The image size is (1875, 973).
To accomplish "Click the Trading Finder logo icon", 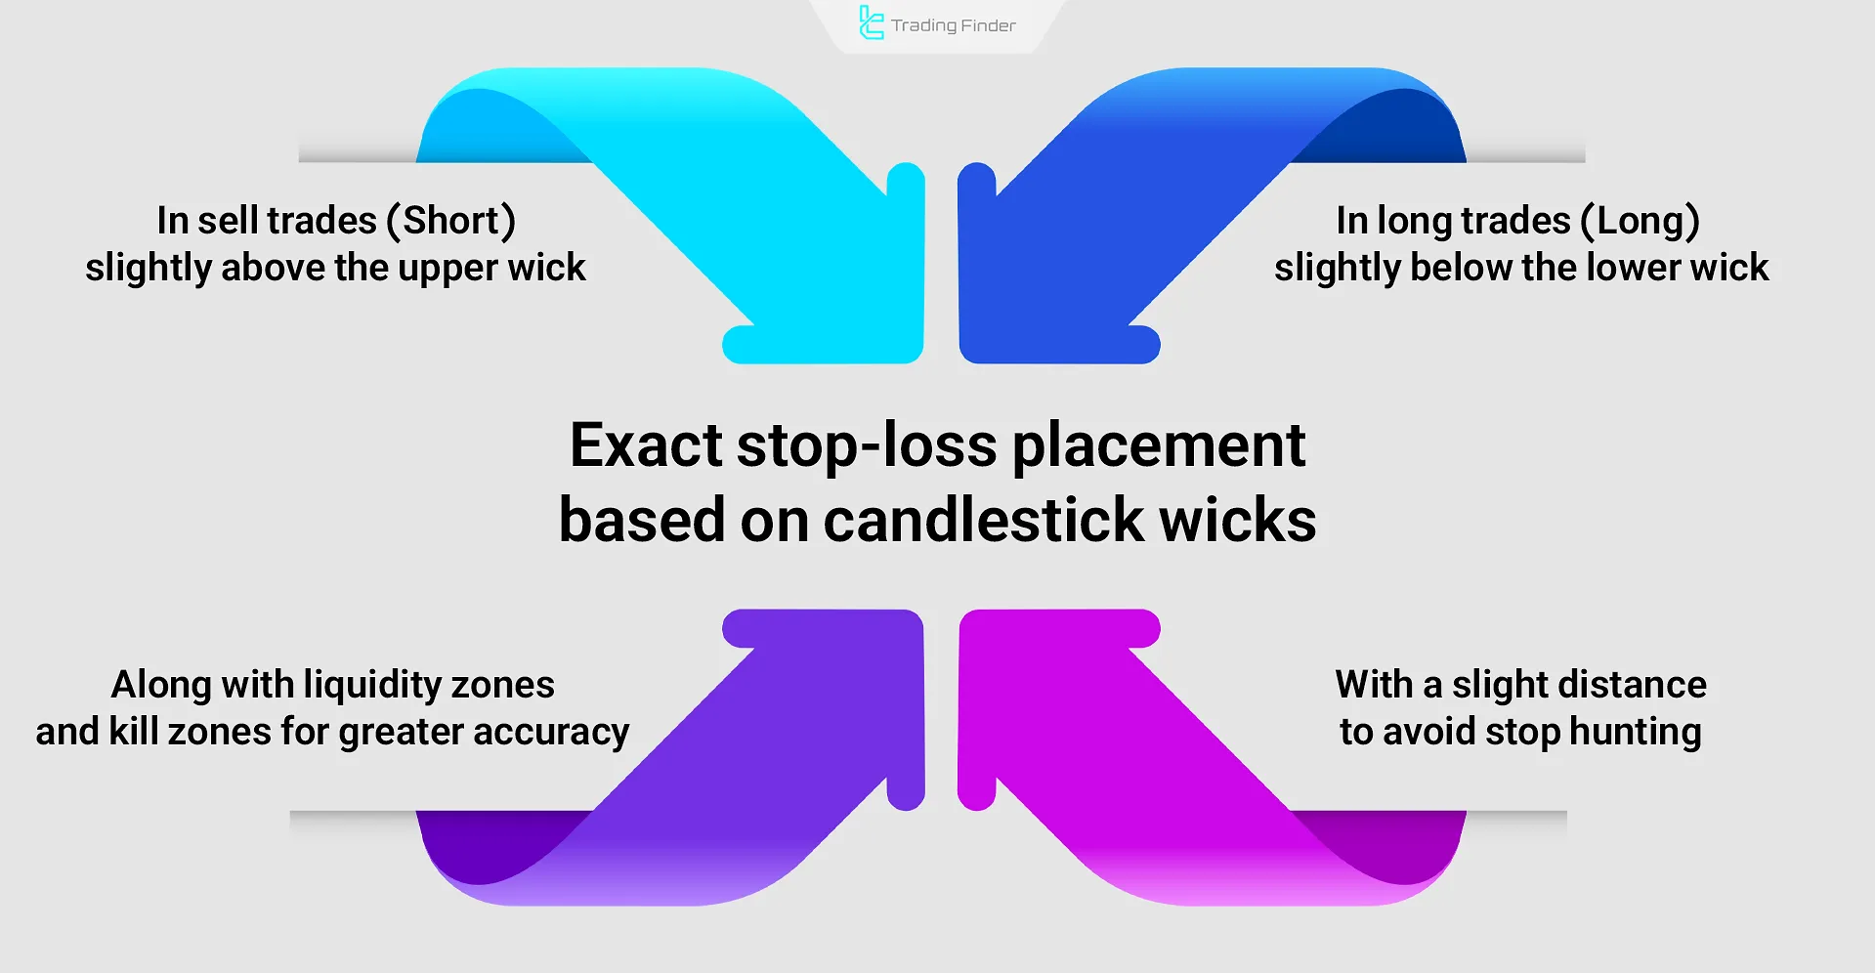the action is (871, 22).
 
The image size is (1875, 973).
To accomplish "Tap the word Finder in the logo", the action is (989, 25).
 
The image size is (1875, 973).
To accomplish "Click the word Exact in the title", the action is (646, 445).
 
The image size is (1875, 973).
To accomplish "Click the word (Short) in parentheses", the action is (451, 221).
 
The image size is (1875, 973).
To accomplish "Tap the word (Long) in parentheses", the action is (1641, 221).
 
